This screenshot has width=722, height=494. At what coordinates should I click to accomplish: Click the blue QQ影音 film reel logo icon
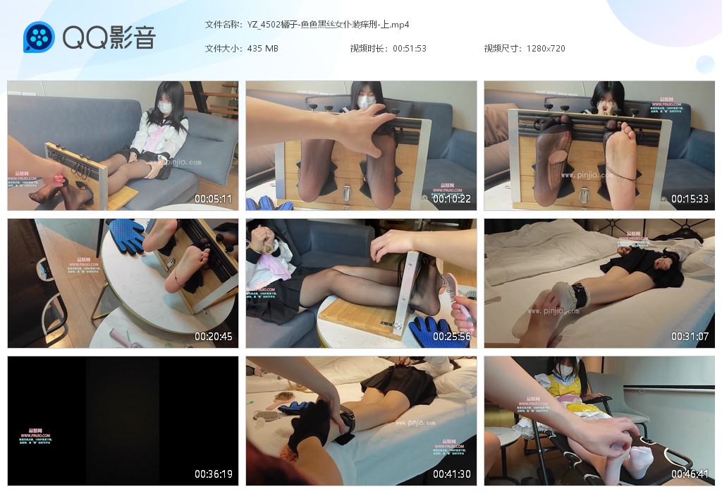pos(39,37)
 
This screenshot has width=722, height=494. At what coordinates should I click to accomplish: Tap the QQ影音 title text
pos(109,37)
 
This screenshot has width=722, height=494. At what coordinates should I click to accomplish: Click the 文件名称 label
pos(223,25)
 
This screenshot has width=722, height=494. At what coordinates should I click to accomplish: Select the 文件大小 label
pos(223,49)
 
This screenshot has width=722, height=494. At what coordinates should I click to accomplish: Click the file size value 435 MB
pos(263,49)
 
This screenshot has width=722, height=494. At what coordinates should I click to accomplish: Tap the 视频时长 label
pos(368,49)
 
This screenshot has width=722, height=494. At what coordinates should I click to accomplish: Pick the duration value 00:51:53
pos(410,49)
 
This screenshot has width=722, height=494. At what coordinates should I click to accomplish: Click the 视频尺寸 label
pos(502,49)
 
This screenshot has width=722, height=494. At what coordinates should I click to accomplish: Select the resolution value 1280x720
pos(546,49)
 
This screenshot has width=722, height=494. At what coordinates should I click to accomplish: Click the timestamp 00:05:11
pos(213,199)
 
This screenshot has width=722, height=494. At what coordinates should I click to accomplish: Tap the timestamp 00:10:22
pos(451,199)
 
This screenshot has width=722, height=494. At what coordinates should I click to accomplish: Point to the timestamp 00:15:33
pos(690,199)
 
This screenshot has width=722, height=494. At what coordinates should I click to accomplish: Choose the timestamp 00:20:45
pos(213,337)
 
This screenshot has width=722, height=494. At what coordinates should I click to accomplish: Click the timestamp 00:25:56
pos(451,337)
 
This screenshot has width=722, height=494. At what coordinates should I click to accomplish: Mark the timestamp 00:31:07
pos(690,337)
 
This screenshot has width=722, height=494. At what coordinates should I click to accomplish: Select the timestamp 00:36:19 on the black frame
pos(213,474)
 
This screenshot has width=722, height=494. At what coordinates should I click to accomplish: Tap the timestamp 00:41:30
pos(451,474)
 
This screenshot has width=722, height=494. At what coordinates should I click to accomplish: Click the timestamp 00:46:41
pos(690,474)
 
